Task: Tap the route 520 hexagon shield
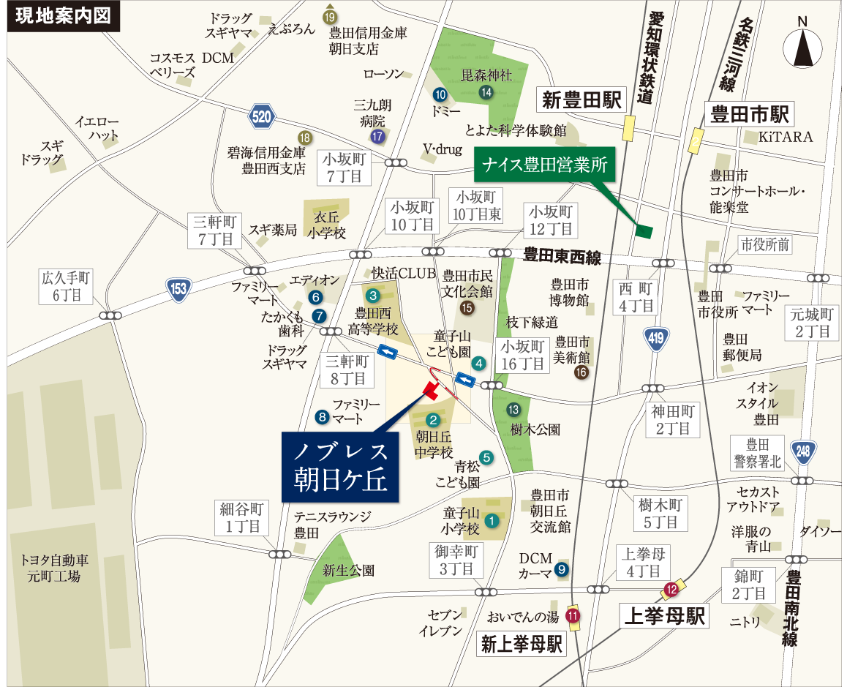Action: coord(261,116)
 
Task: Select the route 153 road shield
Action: coord(178,288)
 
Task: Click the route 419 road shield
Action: coord(655,337)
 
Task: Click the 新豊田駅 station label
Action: coord(582,100)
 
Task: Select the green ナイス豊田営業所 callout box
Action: coord(545,166)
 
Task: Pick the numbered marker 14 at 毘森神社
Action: coord(486,92)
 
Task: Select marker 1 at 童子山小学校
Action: coord(492,521)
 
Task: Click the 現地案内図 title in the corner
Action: coord(63,16)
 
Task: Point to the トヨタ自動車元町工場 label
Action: coord(55,568)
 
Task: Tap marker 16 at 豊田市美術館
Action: coord(581,372)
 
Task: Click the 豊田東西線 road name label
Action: coord(562,257)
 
